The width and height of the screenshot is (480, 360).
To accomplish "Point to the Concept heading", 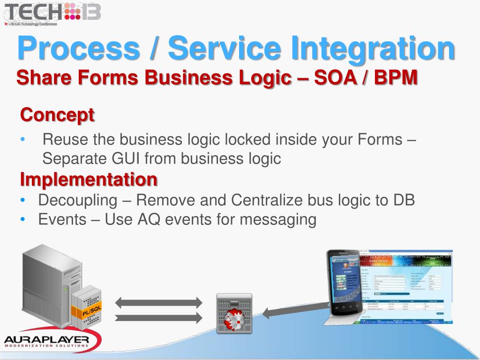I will pyautogui.click(x=57, y=114).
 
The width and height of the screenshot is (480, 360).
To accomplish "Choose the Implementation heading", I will pyautogui.click(x=89, y=179).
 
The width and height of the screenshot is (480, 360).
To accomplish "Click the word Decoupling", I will pyautogui.click(x=77, y=200).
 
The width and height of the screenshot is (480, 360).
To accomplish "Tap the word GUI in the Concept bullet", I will pyautogui.click(x=125, y=159).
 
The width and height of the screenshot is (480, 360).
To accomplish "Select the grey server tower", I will pyautogui.click(x=47, y=286).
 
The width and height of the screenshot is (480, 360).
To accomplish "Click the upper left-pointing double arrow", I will pyautogui.click(x=158, y=302).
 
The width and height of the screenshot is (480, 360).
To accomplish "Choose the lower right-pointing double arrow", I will pyautogui.click(x=158, y=318).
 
